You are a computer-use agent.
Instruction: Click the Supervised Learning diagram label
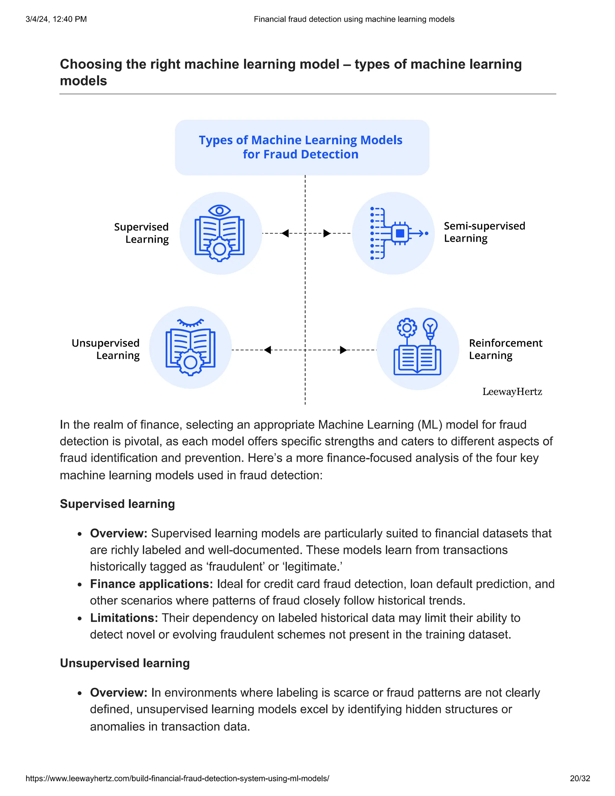click(x=142, y=233)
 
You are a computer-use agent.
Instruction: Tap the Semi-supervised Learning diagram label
click(x=484, y=232)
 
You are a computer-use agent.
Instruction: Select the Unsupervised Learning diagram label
click(x=106, y=349)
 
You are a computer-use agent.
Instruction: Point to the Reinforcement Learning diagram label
click(x=505, y=349)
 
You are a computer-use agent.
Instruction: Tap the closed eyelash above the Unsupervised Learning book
click(x=190, y=323)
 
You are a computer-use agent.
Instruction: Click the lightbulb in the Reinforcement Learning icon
click(x=430, y=327)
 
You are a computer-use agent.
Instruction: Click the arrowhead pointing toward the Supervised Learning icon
click(x=285, y=233)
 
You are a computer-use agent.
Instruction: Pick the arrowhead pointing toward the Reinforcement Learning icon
click(x=343, y=350)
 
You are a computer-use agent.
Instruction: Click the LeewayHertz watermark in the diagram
click(x=512, y=392)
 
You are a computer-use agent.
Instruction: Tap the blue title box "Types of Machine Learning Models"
click(x=302, y=147)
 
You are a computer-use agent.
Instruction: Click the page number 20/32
click(x=580, y=778)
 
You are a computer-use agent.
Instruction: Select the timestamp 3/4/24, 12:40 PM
click(x=56, y=19)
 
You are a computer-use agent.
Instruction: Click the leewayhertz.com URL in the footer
click(x=177, y=778)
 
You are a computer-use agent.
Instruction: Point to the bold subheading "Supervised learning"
click(x=117, y=504)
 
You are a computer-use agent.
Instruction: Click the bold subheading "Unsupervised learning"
click(x=125, y=663)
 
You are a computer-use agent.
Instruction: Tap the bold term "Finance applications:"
click(x=151, y=584)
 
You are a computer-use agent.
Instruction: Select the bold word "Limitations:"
click(x=124, y=618)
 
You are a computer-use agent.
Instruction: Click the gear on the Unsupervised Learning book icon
click(x=190, y=363)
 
